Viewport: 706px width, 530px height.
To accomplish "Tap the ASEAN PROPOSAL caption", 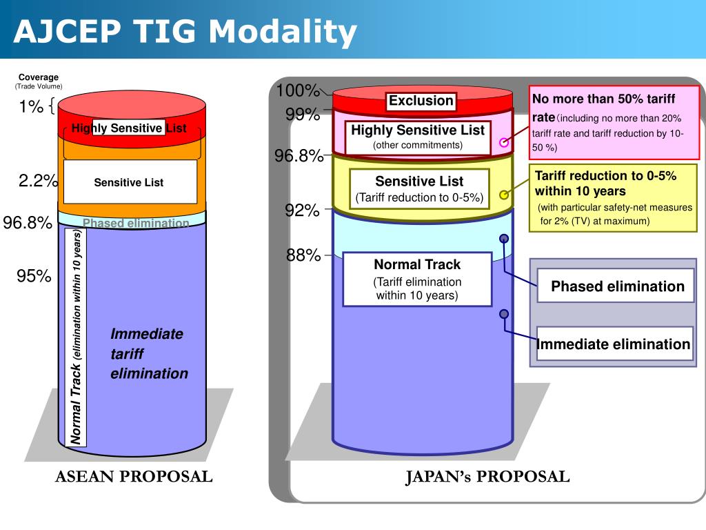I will coord(134,476).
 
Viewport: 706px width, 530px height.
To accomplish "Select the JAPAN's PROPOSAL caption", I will coord(487,476).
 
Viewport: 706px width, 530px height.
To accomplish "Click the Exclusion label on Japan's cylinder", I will coord(421,101).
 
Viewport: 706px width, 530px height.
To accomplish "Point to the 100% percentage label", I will coord(298,91).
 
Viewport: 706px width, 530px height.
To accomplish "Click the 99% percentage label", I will coord(303,115).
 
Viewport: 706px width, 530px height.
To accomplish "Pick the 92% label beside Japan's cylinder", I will coord(303,210).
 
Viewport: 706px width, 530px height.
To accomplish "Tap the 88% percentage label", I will coord(303,255).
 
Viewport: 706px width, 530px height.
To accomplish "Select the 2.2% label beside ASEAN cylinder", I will coord(39,181).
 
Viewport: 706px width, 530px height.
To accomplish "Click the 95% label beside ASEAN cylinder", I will coord(34,276).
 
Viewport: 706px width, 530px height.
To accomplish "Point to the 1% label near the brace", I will coord(31,107).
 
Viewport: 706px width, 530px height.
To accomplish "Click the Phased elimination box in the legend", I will coord(617,286).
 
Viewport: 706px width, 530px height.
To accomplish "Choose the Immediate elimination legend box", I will coord(614,344).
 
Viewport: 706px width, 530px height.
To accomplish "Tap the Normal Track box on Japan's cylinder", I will coord(417,279).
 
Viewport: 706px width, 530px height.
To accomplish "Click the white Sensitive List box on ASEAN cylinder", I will coord(130,182).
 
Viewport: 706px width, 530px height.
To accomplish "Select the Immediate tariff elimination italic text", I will coord(148,353).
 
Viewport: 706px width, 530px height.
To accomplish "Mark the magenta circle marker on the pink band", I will coord(504,143).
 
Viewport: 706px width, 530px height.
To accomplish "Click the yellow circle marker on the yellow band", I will coord(504,195).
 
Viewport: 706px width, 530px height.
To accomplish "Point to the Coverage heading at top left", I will coord(39,77).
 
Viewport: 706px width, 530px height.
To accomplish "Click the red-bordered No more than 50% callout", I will coord(614,123).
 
